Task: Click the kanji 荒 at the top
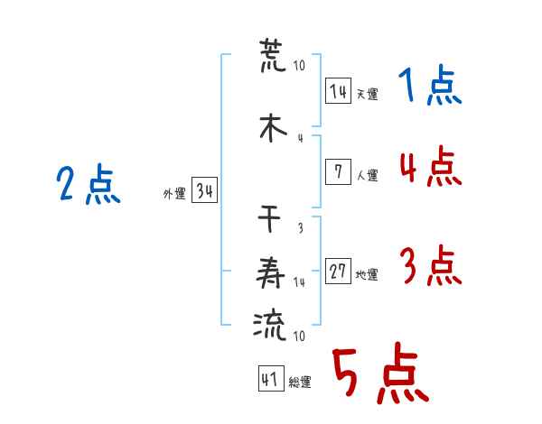(x=273, y=55)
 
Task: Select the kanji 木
(x=273, y=128)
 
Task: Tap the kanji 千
(x=269, y=218)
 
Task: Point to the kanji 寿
(x=270, y=272)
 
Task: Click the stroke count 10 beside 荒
(x=299, y=65)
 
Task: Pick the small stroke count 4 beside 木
(x=301, y=138)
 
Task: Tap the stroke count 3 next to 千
(x=301, y=228)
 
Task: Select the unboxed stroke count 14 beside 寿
(x=299, y=282)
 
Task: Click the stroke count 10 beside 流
(x=299, y=336)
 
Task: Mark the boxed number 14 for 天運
(x=339, y=91)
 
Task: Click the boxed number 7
(x=339, y=171)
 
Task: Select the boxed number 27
(x=339, y=271)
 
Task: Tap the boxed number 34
(x=205, y=190)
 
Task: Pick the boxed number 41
(x=271, y=378)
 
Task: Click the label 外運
(x=174, y=194)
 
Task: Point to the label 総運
(x=300, y=382)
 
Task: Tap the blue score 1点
(x=430, y=85)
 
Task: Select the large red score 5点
(x=380, y=373)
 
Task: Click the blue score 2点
(x=89, y=184)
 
